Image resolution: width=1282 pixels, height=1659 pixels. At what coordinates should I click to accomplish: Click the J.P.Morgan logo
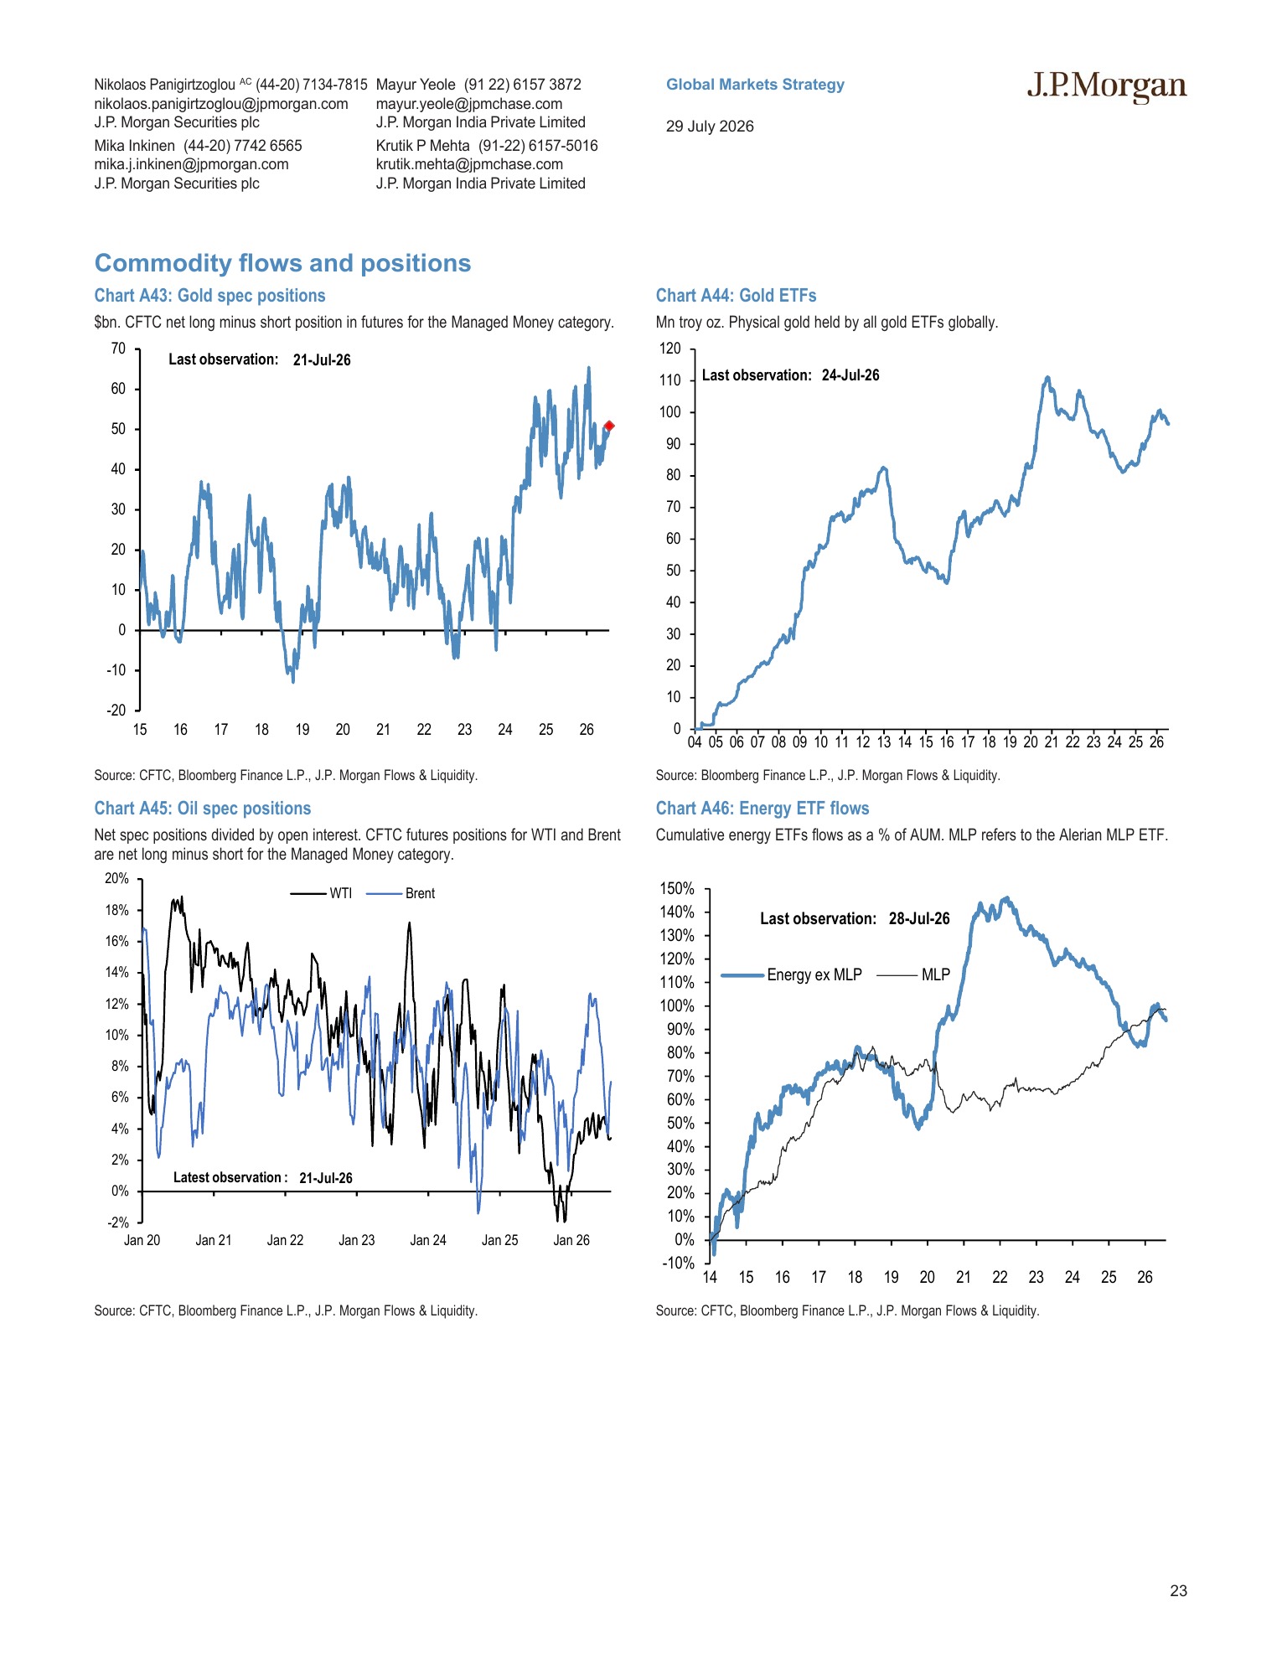click(x=1107, y=86)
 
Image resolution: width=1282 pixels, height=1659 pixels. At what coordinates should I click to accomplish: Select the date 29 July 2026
click(x=710, y=127)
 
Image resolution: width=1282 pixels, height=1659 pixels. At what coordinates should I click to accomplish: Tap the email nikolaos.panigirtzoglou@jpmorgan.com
click(x=221, y=104)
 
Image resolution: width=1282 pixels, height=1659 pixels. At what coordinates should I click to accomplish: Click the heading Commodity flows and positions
click(x=282, y=263)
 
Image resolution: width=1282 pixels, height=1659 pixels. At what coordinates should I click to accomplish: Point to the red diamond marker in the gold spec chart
click(x=609, y=426)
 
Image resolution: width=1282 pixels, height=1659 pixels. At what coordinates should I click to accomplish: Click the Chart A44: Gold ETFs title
click(x=736, y=296)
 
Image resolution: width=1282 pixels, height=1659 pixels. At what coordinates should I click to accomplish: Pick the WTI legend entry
click(x=322, y=893)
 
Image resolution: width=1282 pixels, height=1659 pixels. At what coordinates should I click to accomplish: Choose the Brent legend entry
click(x=401, y=893)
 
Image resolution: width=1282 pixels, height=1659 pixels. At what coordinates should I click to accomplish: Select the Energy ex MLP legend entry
click(x=792, y=974)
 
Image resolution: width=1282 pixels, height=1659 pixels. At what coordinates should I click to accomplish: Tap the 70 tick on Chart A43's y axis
click(x=118, y=349)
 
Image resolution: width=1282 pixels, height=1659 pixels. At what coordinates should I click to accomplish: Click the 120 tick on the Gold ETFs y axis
click(x=670, y=349)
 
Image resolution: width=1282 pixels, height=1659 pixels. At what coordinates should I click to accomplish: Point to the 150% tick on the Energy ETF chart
click(x=678, y=888)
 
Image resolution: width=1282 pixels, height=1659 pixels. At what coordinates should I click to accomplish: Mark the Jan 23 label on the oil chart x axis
click(x=357, y=1240)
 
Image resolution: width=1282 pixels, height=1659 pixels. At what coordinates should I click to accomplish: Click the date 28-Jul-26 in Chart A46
click(x=919, y=918)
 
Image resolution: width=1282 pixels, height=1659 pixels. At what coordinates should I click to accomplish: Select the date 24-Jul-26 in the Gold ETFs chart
click(x=850, y=375)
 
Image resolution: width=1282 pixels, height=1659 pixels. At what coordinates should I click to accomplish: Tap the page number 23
click(x=1178, y=1591)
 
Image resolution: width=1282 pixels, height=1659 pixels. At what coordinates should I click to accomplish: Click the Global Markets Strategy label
click(x=755, y=85)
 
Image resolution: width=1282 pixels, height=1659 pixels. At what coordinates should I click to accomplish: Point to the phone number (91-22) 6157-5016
click(x=538, y=146)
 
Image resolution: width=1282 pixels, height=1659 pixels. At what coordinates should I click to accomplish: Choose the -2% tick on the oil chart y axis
click(x=118, y=1222)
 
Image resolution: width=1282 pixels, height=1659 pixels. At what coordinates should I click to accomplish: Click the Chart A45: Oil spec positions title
click(x=203, y=809)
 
